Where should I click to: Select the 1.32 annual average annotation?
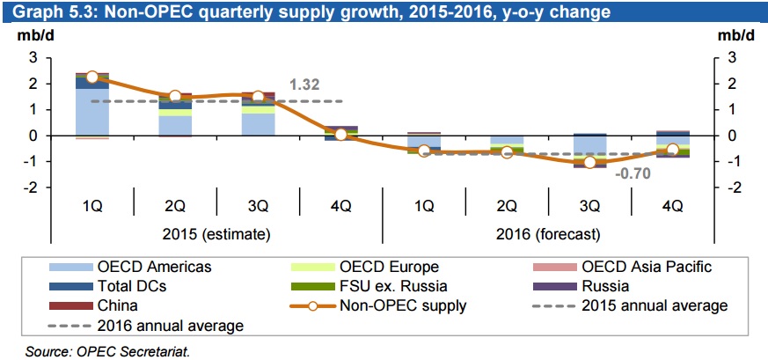coord(304,85)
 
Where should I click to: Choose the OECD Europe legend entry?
coord(390,267)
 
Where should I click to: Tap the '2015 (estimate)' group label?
coord(216,234)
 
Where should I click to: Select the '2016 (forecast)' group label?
coord(547,234)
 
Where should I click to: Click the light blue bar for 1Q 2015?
coord(92,112)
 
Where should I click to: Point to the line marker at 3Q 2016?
coord(589,163)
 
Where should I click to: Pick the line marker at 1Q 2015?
coord(92,77)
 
